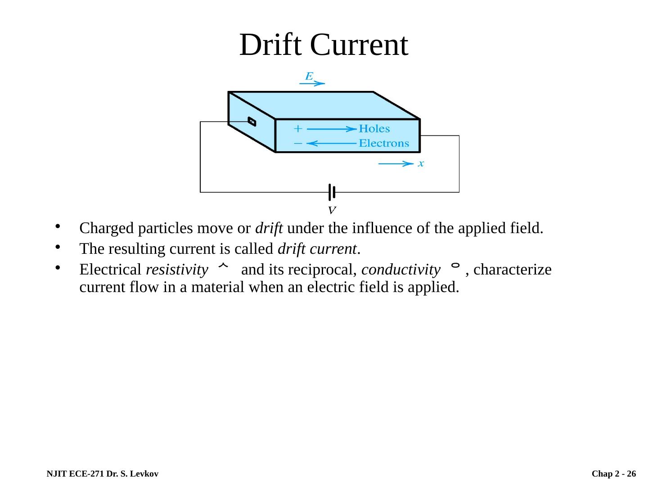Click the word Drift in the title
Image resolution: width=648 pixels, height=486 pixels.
click(270, 45)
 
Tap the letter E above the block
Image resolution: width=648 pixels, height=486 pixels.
click(309, 76)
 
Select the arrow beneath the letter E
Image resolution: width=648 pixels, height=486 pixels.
click(312, 83)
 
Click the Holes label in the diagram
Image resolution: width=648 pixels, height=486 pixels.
click(374, 129)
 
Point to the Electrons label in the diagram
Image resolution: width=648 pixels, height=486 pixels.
click(384, 144)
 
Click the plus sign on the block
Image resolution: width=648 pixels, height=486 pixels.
click(297, 129)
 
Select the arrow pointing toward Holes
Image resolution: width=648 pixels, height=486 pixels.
click(332, 129)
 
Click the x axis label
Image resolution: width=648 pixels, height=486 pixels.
click(421, 164)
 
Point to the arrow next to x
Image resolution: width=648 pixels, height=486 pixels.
click(396, 164)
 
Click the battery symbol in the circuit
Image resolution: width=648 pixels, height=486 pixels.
click(332, 192)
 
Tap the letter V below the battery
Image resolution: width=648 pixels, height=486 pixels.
click(332, 210)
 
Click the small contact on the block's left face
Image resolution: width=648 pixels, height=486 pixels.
click(252, 121)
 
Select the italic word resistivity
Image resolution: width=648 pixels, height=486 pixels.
click(174, 270)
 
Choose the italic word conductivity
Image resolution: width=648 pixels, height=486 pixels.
click(400, 270)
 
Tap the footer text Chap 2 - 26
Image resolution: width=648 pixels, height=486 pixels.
click(614, 474)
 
